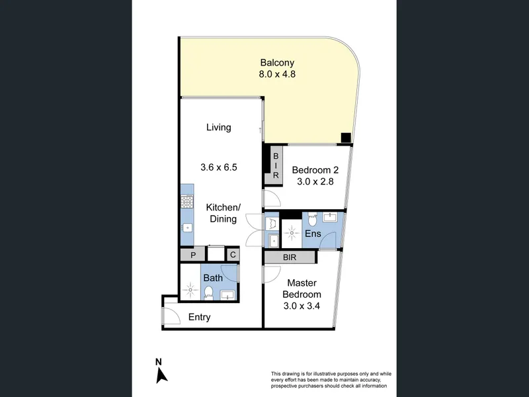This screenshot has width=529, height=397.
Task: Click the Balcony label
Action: tap(277, 63)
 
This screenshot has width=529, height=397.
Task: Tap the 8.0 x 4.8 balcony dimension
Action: tap(277, 74)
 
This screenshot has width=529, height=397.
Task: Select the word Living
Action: tap(219, 128)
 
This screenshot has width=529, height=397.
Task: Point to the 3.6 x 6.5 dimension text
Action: tap(219, 167)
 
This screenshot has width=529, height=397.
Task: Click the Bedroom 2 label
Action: tap(315, 170)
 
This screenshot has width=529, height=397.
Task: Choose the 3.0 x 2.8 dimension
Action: tap(315, 181)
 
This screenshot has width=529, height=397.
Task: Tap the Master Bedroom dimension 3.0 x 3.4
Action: tap(302, 306)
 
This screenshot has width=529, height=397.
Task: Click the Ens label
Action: tap(313, 234)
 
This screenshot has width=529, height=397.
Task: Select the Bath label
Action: tap(213, 278)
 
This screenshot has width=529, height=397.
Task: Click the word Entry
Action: tap(200, 318)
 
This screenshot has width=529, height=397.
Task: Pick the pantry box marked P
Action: tap(193, 255)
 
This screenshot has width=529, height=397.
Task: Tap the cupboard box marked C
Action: tap(233, 254)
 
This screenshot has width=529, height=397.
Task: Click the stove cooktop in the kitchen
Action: tap(187, 202)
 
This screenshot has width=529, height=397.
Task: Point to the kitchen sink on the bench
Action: tap(187, 228)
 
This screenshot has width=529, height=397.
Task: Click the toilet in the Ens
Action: tap(312, 219)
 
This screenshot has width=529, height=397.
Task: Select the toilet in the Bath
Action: tap(209, 292)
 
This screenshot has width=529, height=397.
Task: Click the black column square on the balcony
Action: tap(346, 138)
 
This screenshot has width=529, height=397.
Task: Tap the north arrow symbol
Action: tap(161, 375)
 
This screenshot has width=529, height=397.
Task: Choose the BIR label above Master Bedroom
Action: tap(290, 257)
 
